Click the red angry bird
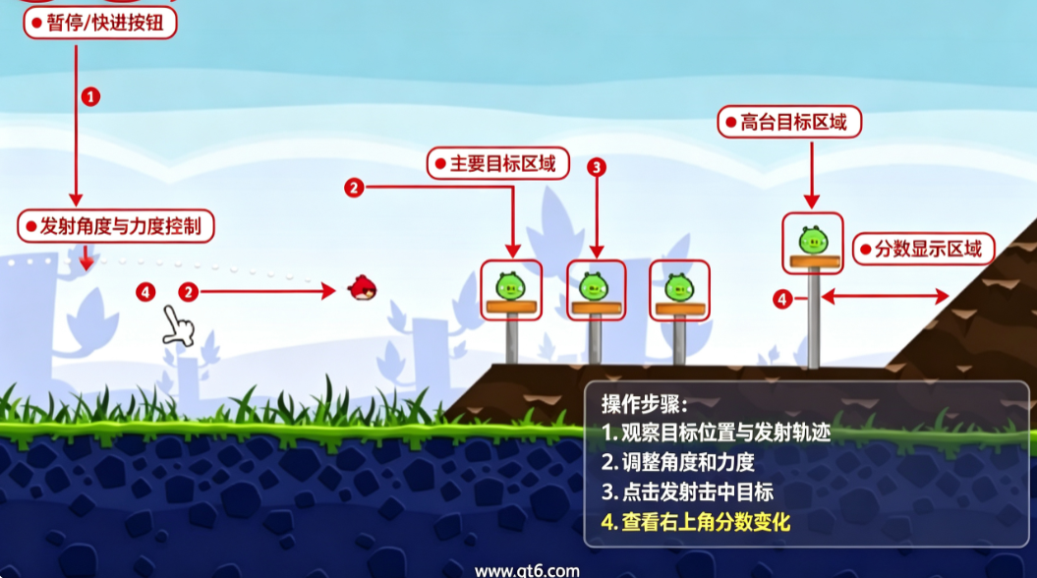pyautogui.click(x=362, y=288)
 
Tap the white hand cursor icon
pyautogui.click(x=178, y=326)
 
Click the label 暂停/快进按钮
pyautogui.click(x=100, y=24)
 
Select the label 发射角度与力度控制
pyautogui.click(x=116, y=226)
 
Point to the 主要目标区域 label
pyautogui.click(x=498, y=163)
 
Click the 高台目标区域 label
pyautogui.click(x=789, y=122)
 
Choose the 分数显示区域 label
pyautogui.click(x=923, y=250)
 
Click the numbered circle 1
pyautogui.click(x=90, y=96)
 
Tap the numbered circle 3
pyautogui.click(x=597, y=167)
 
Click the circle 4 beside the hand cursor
pyautogui.click(x=145, y=292)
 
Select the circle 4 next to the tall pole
pyautogui.click(x=782, y=299)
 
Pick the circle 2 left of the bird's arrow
pyautogui.click(x=189, y=292)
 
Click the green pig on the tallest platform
pyautogui.click(x=813, y=240)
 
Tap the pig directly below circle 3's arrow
pyautogui.click(x=594, y=286)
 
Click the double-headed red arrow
pyautogui.click(x=885, y=297)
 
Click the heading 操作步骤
pyautogui.click(x=645, y=403)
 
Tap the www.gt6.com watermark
pyautogui.click(x=527, y=570)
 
